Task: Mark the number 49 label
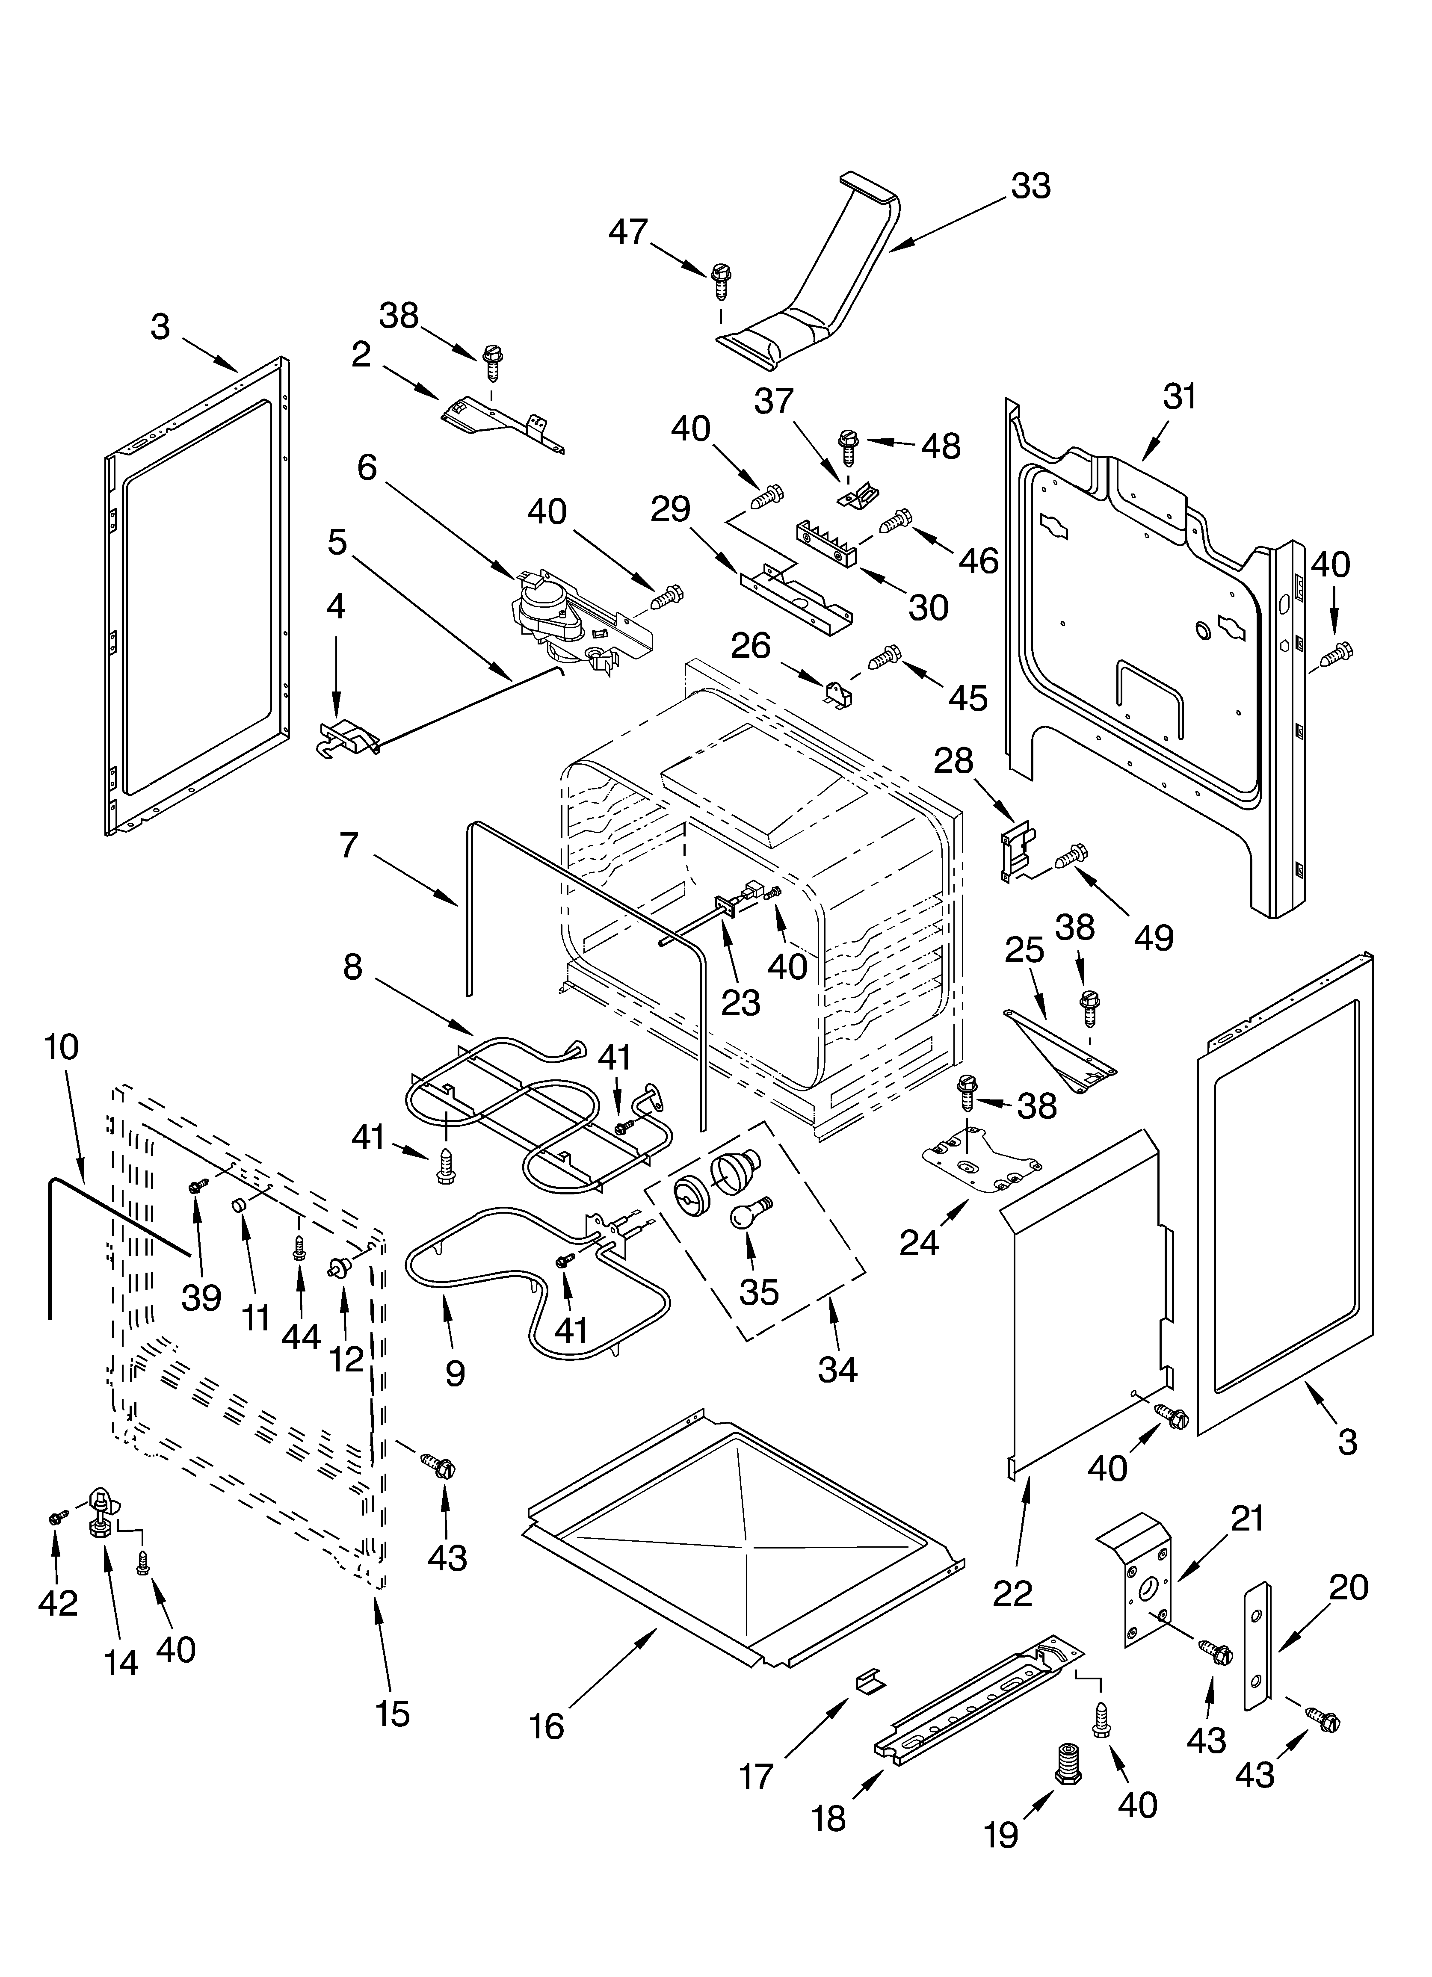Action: pos(1153,937)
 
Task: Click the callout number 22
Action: pos(1012,1593)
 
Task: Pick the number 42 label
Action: pos(58,1602)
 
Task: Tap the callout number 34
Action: pos(837,1369)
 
